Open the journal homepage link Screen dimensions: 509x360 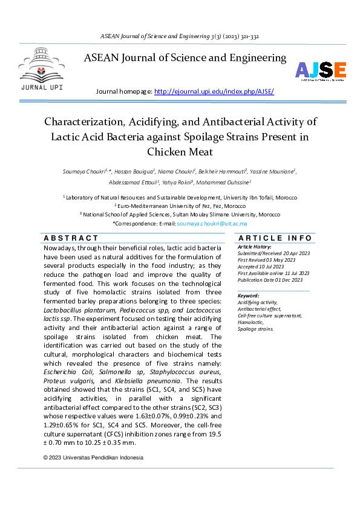click(214, 91)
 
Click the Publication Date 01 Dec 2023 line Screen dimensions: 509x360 click(270, 280)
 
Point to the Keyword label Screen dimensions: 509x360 click(249, 296)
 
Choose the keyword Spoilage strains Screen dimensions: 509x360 click(255, 329)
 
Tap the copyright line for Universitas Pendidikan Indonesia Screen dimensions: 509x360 click(94, 458)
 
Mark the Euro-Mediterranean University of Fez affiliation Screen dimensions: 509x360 click(180, 206)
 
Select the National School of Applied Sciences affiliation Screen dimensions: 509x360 click(180, 214)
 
